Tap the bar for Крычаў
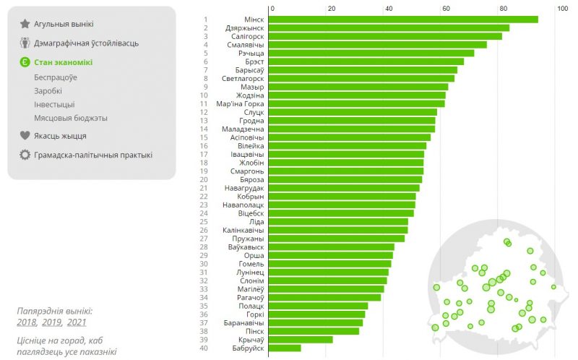(x=301, y=340)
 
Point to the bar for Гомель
(x=329, y=264)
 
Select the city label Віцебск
(x=251, y=214)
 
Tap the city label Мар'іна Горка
(x=241, y=103)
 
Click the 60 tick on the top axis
(x=447, y=9)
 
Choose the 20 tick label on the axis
(x=331, y=9)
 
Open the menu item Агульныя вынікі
(x=64, y=24)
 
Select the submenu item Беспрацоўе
(x=56, y=77)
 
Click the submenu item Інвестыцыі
(x=54, y=104)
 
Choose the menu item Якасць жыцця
(x=60, y=135)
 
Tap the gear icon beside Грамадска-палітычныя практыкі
(x=25, y=155)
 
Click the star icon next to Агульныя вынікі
(x=25, y=24)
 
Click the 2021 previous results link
(x=77, y=322)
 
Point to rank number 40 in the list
(x=205, y=348)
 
